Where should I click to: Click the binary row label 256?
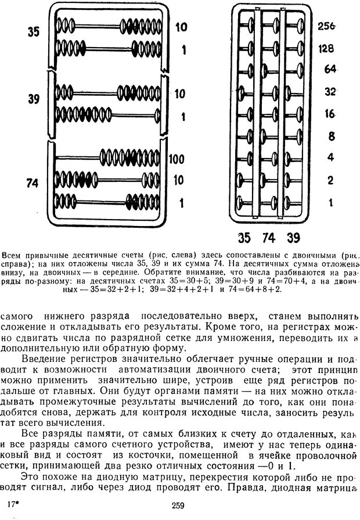[328, 26]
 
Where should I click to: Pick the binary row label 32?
[330, 91]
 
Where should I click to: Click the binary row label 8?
[330, 136]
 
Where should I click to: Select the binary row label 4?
[330, 158]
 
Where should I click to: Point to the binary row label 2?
[330, 180]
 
